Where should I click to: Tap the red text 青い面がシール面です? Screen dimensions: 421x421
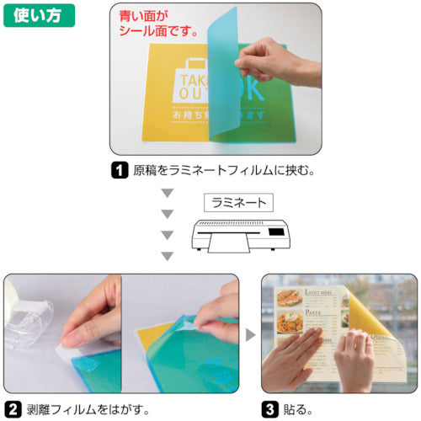pos(157,24)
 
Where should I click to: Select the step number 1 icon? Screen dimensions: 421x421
pos(119,168)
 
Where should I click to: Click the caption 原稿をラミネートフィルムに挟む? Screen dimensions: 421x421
pos(222,168)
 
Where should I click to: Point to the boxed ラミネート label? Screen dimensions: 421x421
pos(238,202)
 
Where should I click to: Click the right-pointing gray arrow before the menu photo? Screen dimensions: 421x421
pos(250,334)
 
